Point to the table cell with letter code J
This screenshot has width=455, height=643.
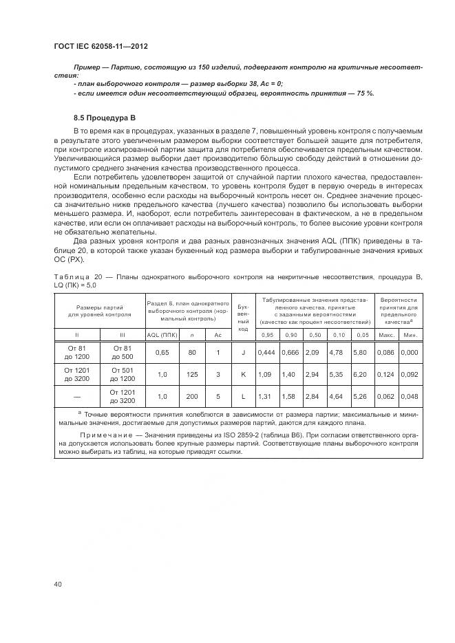coord(243,352)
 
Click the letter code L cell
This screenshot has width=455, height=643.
coord(243,396)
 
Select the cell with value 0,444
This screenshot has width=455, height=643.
coord(266,352)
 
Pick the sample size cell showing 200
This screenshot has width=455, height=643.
coord(191,396)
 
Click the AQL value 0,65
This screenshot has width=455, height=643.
coord(162,352)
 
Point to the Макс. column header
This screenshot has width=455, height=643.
coord(386,335)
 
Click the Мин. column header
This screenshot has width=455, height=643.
coord(410,335)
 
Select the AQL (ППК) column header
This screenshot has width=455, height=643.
coord(162,335)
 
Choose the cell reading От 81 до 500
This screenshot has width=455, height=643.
coord(122,352)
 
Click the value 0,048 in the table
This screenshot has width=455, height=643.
coord(410,396)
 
